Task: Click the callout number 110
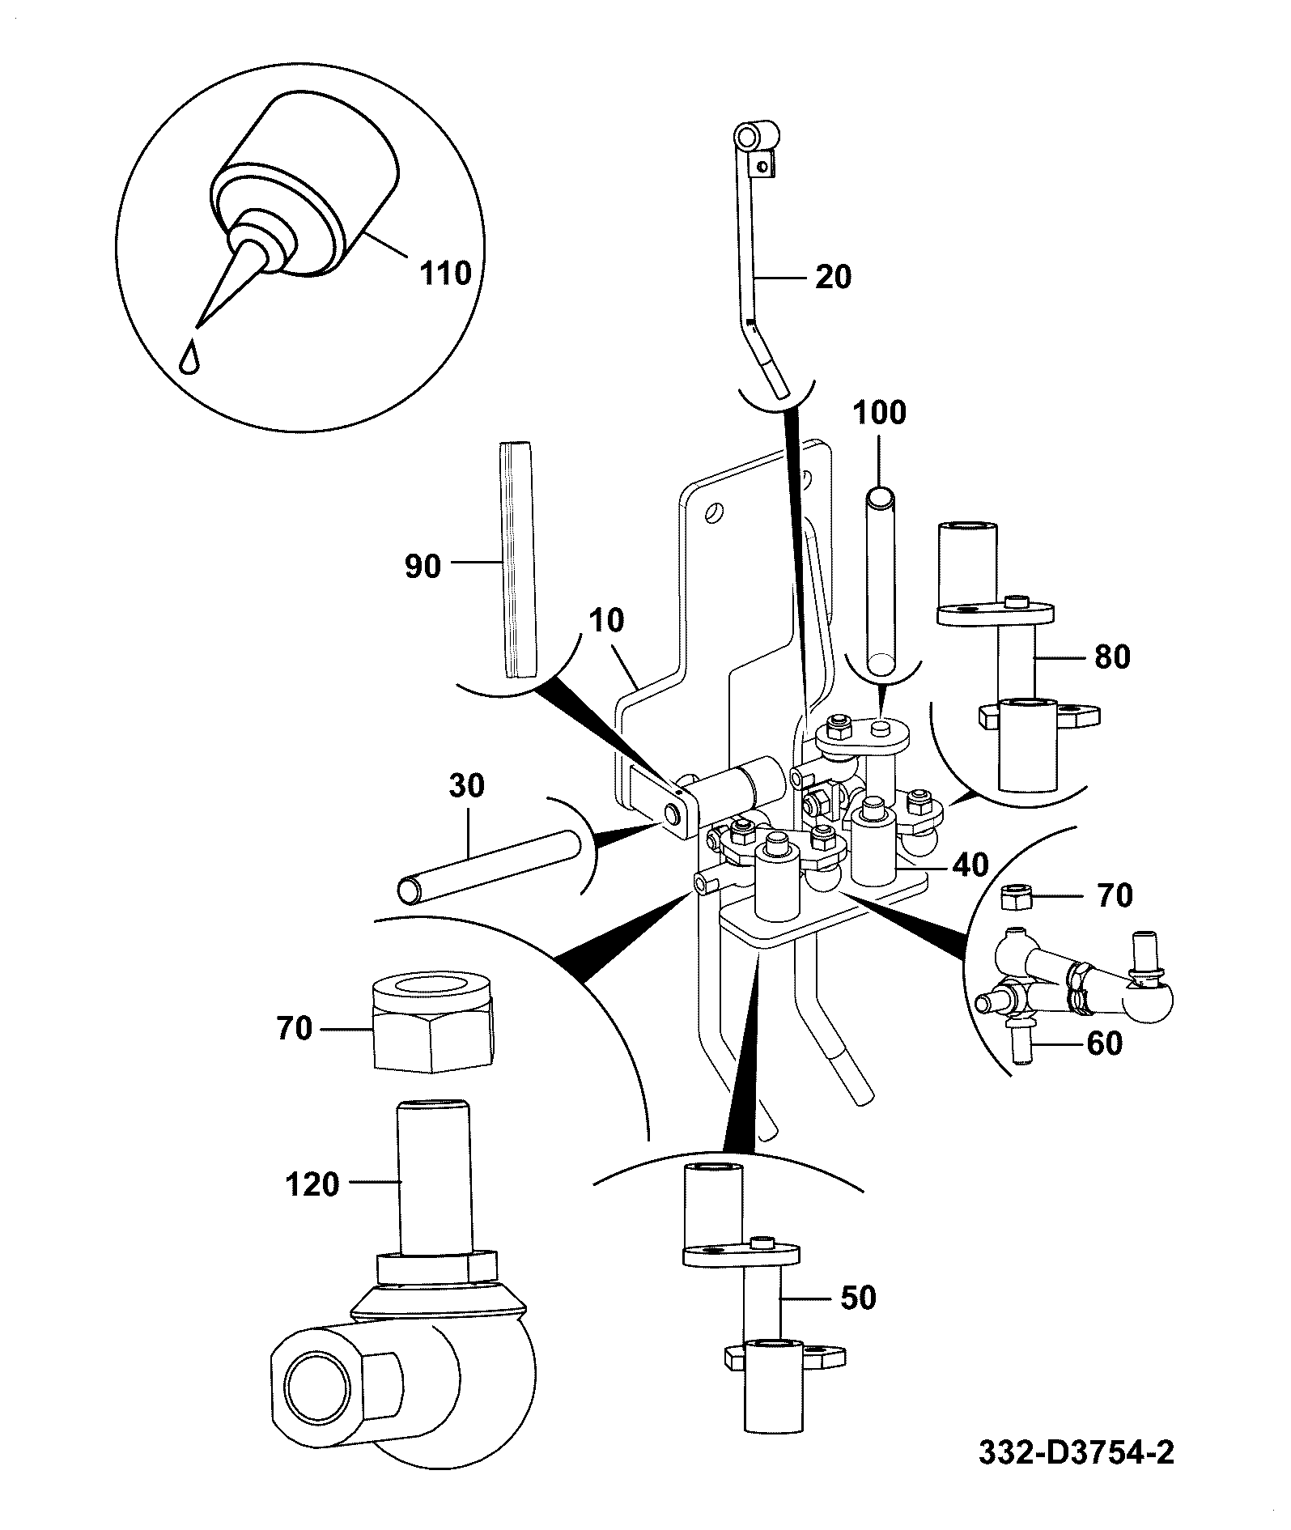click(445, 273)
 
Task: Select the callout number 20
click(834, 277)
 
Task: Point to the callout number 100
click(881, 413)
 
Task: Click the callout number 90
click(423, 566)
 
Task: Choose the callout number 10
click(607, 621)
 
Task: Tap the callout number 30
click(465, 785)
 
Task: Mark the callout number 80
click(1111, 657)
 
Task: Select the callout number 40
click(970, 865)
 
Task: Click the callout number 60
click(1104, 1043)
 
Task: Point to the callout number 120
click(312, 1185)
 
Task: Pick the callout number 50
click(858, 1298)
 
